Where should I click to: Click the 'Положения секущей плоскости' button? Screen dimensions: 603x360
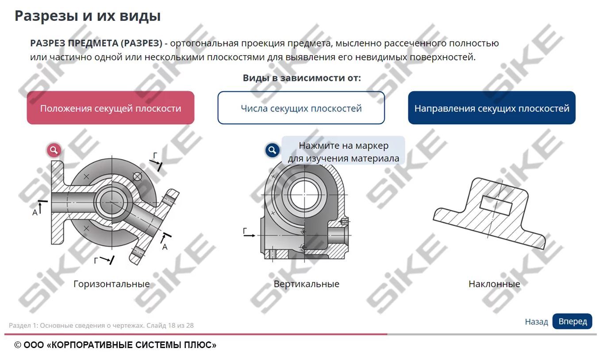110,107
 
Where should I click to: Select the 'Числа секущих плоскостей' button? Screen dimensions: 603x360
301,107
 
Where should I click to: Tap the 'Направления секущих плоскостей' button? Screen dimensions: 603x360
492,107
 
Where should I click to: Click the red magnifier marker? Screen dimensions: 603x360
54,150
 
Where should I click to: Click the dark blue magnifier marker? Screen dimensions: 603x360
272,150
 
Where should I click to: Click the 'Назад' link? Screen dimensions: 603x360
536,322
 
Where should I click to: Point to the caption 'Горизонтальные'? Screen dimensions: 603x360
111,284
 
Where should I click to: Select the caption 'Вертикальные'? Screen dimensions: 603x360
306,284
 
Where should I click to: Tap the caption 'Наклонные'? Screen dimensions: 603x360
494,284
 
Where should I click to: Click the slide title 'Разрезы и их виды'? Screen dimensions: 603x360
88,15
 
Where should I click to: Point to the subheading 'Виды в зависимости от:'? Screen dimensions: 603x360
302,78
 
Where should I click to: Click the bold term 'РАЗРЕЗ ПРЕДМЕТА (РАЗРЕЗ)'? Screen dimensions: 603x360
96,43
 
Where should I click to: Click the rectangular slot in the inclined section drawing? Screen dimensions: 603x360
496,205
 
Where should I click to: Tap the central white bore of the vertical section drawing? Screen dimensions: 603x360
304,195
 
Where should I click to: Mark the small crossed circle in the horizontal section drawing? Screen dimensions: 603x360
137,177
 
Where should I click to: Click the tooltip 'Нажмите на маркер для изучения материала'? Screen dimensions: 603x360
343,152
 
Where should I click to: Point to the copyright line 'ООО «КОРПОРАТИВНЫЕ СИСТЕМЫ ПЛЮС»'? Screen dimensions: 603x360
120,345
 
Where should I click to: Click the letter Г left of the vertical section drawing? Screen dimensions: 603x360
245,231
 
